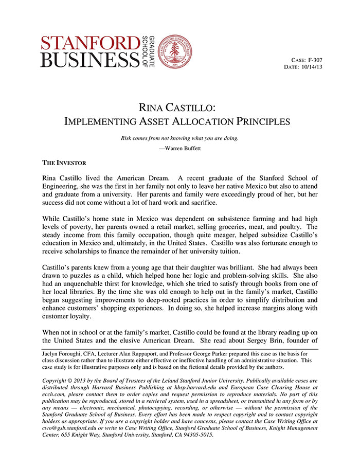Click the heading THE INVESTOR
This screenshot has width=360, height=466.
[x=64, y=163]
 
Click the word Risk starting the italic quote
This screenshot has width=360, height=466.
[x=128, y=138]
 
